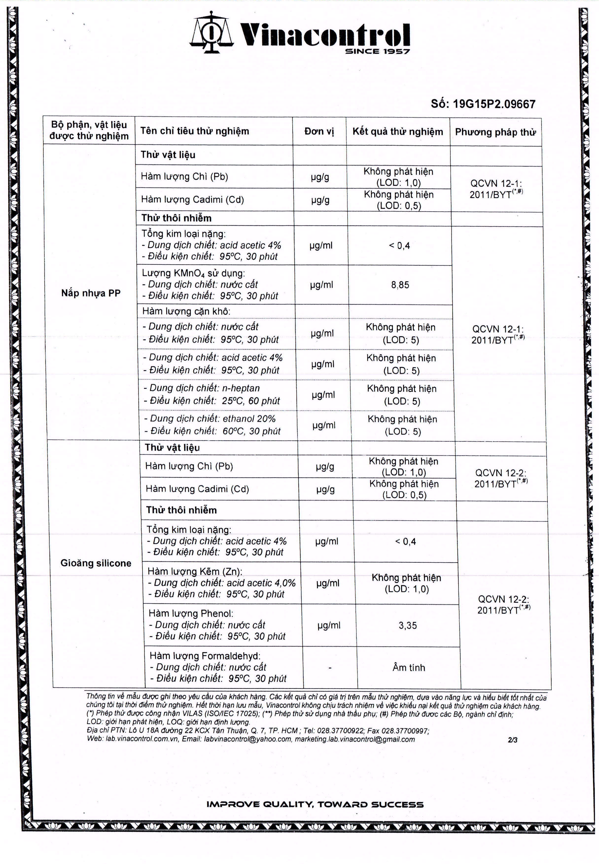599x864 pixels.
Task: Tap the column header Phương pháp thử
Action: [495, 132]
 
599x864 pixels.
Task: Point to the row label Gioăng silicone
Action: [96, 563]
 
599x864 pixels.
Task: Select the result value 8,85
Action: [400, 285]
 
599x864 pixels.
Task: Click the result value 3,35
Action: [407, 625]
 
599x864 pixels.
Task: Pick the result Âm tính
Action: [409, 667]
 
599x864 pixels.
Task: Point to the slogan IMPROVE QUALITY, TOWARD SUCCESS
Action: [315, 804]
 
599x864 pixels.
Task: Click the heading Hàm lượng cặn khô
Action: [186, 311]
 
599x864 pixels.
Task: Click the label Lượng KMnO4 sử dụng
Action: [193, 273]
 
